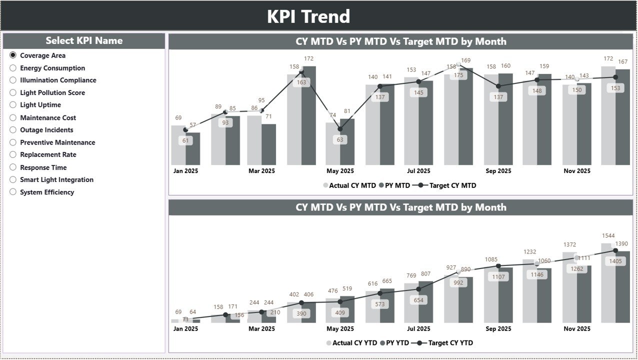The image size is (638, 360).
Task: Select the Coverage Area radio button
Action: pos(13,55)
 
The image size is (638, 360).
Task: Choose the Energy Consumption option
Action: pos(13,68)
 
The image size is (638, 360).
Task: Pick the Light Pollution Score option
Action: pos(13,92)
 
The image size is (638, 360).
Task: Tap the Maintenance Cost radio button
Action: pos(13,117)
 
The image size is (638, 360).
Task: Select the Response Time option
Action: pos(13,167)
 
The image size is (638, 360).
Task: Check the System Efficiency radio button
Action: pos(13,192)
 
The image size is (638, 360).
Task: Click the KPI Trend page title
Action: pos(308,16)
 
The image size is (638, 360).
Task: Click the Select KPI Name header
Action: pos(84,41)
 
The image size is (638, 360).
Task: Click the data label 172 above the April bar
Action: pos(308,58)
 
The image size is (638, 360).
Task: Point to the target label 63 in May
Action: pos(340,140)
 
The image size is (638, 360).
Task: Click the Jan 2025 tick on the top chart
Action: pos(185,171)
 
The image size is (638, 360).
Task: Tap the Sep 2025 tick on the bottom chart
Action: pos(498,329)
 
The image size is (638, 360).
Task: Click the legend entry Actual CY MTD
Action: pos(349,185)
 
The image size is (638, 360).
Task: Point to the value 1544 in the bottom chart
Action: pos(608,235)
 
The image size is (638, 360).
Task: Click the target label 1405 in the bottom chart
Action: pos(615,261)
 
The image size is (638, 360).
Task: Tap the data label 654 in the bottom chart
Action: pos(419,300)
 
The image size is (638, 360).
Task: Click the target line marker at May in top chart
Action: pos(340,129)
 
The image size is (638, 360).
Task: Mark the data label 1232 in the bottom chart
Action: pos(529,252)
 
